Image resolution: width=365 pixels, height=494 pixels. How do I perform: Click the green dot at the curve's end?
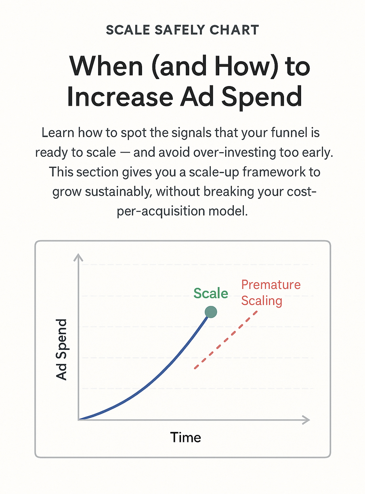pos(211,312)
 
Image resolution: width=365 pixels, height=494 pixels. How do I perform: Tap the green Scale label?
pos(211,293)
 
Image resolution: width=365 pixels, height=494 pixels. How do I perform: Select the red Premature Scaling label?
pos(271,293)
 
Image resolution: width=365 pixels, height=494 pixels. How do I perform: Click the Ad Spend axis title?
pos(61,350)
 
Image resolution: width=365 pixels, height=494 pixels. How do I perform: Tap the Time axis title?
pos(185,437)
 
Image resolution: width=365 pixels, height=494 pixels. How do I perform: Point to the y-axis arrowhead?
pos(78,257)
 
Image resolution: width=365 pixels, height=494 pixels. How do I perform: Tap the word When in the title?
pos(106,66)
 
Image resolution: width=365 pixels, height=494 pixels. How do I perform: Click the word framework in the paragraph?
pos(274,172)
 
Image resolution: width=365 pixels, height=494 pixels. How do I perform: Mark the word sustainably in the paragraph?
pos(118,192)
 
